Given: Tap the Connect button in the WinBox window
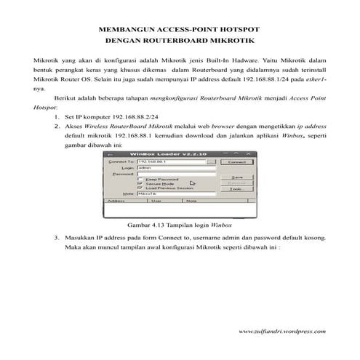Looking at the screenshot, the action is point(236,162).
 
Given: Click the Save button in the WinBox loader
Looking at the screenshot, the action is point(236,176).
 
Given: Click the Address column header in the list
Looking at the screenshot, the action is point(116,200).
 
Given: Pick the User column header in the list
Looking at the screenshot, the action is point(156,200).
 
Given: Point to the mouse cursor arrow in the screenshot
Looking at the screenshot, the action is point(192,183).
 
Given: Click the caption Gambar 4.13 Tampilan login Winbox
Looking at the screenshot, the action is point(180,225).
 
